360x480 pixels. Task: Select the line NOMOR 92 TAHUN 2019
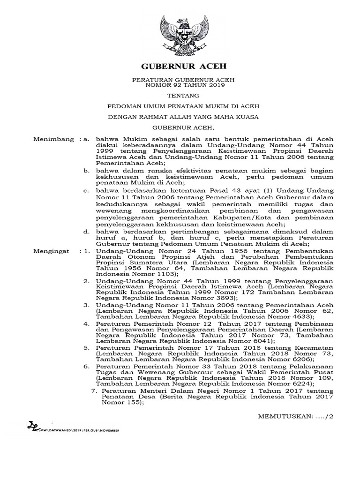[x=180, y=86]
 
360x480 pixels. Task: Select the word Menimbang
[x=54, y=139]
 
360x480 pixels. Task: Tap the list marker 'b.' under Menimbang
[x=86, y=172]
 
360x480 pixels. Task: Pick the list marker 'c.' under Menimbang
[x=86, y=191]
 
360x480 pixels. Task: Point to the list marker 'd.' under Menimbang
[x=86, y=232]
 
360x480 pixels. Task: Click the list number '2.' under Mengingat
[x=86, y=281]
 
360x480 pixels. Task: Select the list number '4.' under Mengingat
[x=86, y=323]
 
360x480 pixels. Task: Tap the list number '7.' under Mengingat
[x=92, y=390]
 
